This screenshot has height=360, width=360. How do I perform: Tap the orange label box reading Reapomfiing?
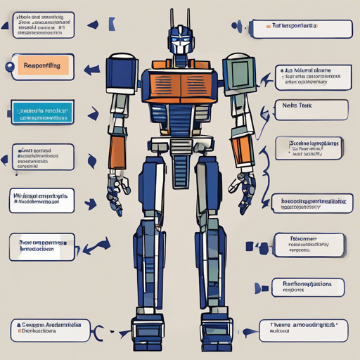pos(42,65)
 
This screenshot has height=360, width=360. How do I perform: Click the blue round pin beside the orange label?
pos(8,67)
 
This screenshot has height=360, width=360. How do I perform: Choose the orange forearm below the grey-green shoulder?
pos(243,150)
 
